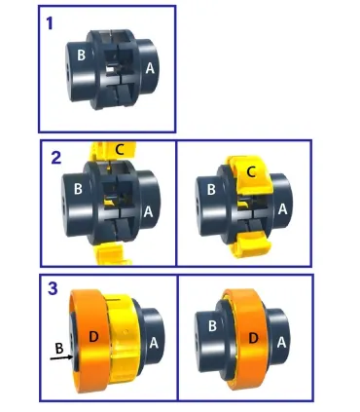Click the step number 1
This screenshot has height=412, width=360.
pos(52,22)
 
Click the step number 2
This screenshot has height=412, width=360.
pos(56,157)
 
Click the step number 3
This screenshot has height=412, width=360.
pos(55,289)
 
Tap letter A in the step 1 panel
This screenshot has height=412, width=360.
pos(150,68)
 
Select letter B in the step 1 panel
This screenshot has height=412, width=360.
pos(81,56)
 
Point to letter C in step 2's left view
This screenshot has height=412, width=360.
pos(119,149)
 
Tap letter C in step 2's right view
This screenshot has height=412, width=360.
pos(253,173)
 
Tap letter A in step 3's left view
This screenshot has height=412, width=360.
pos(154,342)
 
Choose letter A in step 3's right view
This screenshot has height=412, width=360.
pos(280,342)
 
